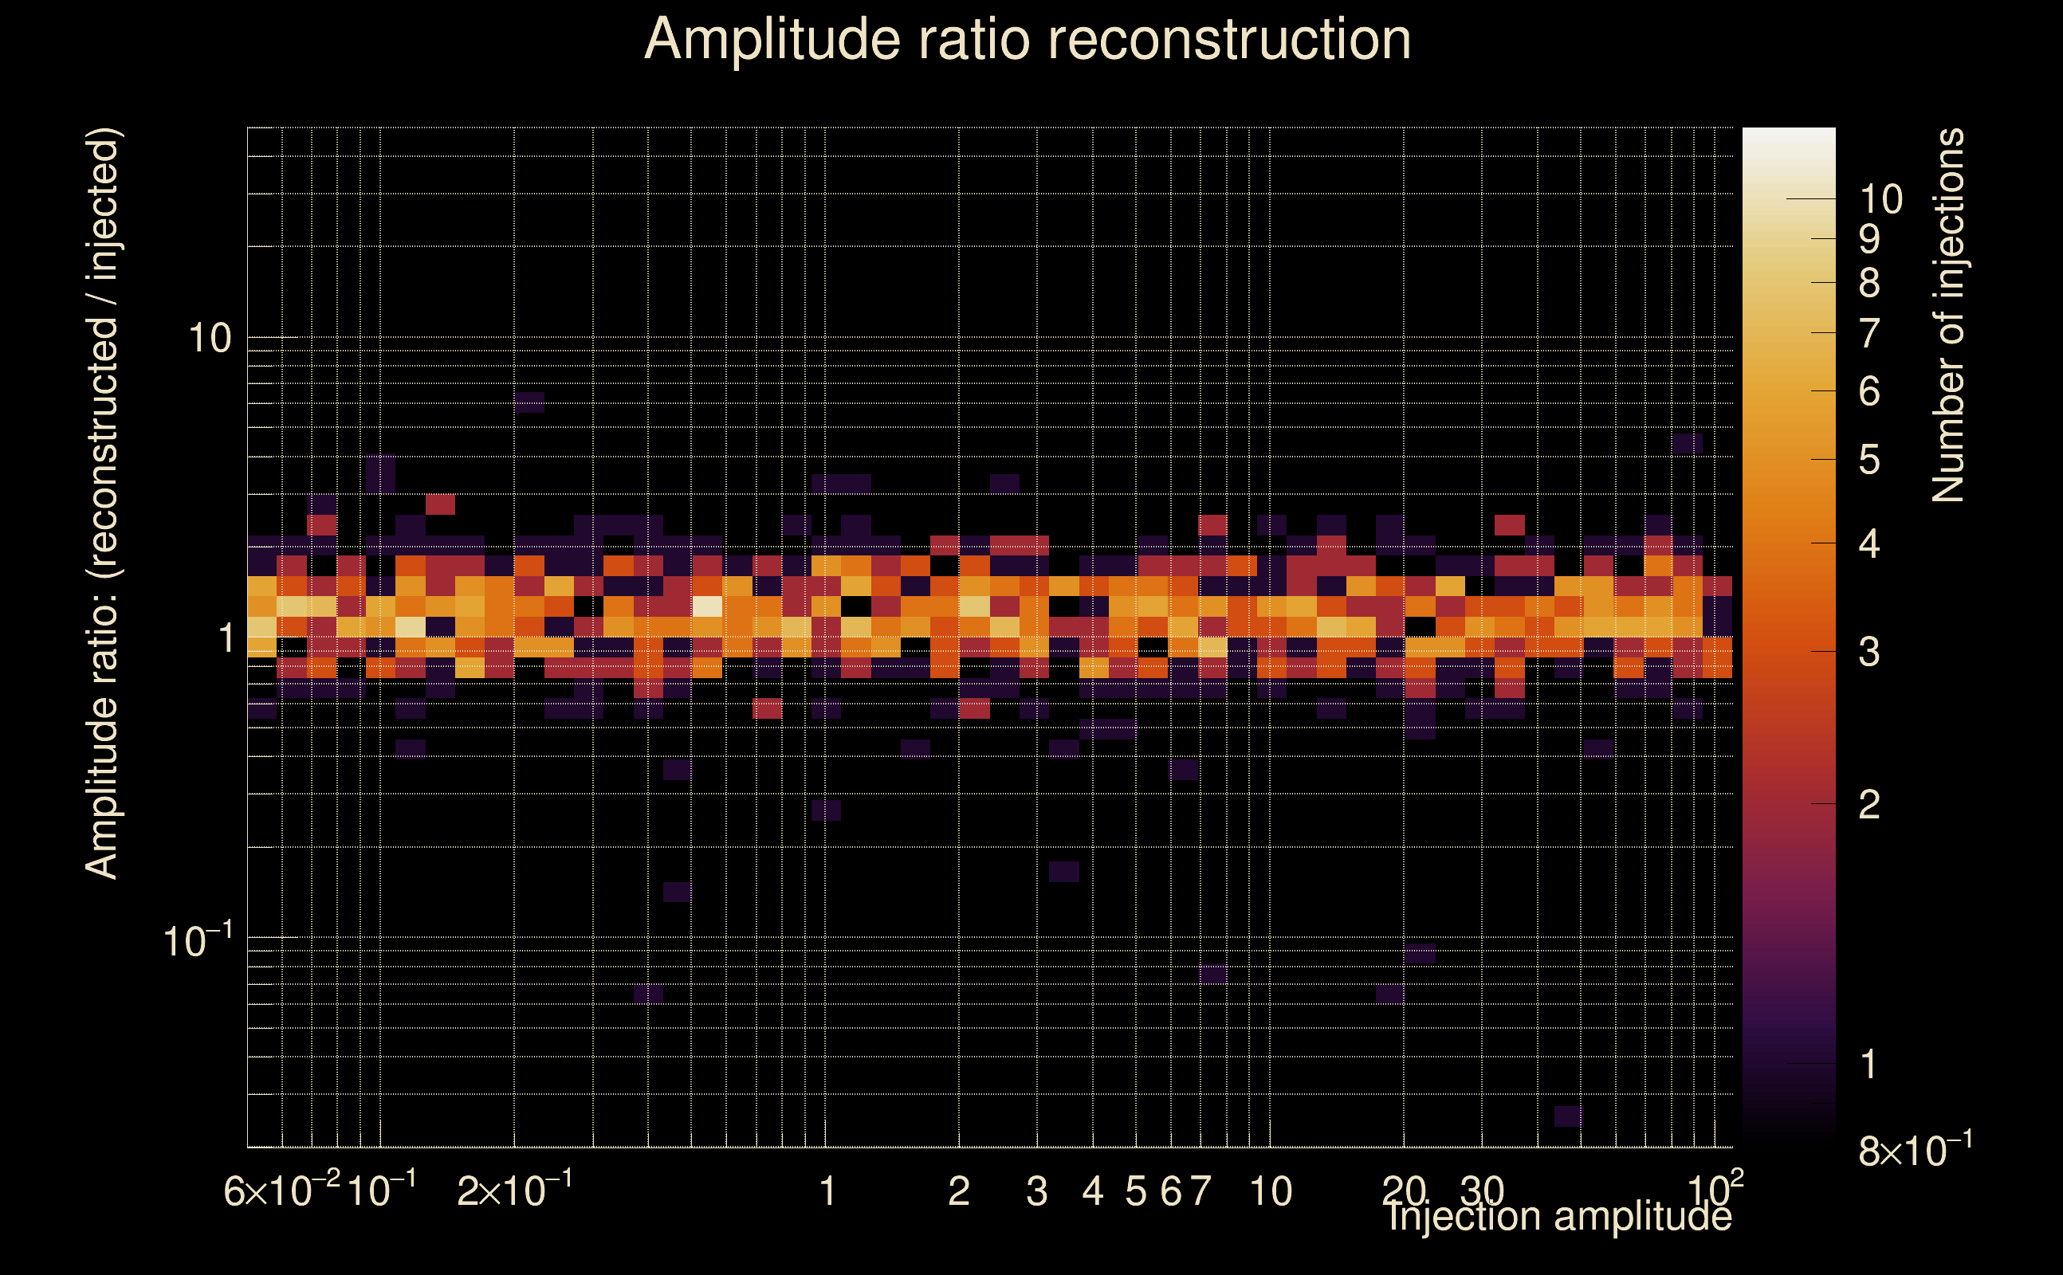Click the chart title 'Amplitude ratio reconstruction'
[x=1028, y=40]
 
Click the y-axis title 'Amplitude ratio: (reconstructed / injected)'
[x=103, y=504]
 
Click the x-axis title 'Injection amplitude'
[x=1559, y=1217]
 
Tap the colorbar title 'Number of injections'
[x=1948, y=316]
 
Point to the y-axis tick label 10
[x=208, y=339]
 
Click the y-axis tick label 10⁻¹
[x=198, y=941]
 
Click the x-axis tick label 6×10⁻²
[x=281, y=1191]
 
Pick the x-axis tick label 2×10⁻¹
[x=514, y=1191]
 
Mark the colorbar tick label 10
[x=1880, y=200]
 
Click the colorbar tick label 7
[x=1869, y=334]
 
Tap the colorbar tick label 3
[x=1869, y=653]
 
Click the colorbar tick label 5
[x=1869, y=461]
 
